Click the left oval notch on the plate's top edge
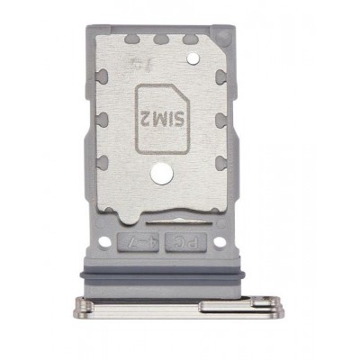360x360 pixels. tap(133, 40)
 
